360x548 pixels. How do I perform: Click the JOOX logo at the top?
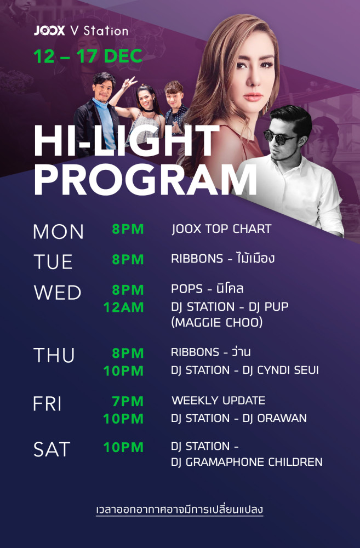(49, 31)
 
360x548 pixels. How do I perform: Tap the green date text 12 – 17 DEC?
(88, 56)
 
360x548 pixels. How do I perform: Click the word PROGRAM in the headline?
(145, 179)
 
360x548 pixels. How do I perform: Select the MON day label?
(59, 231)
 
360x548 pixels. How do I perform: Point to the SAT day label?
(52, 449)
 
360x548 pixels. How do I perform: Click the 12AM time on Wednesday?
(123, 307)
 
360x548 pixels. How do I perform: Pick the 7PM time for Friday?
(128, 401)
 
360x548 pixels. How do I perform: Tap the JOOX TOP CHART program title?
(221, 229)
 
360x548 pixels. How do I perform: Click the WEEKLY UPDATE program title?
(219, 400)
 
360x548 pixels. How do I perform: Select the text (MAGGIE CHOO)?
(216, 322)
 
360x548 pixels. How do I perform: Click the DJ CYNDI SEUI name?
(281, 370)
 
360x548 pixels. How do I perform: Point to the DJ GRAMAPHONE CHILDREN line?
(247, 461)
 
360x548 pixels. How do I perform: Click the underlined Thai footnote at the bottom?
(179, 510)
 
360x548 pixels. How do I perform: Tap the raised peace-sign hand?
(129, 83)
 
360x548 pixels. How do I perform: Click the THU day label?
(54, 355)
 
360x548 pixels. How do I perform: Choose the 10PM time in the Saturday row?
(123, 447)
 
